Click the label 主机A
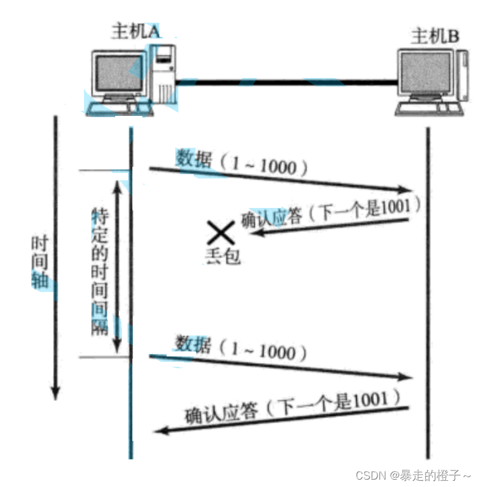[x=134, y=31]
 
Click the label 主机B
[x=435, y=37]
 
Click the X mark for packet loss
[x=220, y=234]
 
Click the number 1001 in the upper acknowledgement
[x=399, y=208]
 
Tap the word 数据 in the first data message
[x=194, y=159]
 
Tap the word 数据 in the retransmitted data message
[x=194, y=345]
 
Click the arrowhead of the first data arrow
[x=405, y=190]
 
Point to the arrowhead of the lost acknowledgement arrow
[x=250, y=232]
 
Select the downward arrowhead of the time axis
[x=56, y=393]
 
